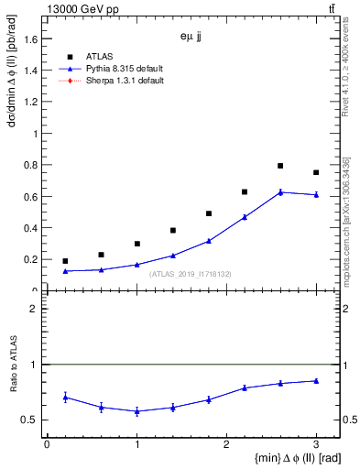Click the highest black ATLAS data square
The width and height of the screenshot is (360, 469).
pos(280,166)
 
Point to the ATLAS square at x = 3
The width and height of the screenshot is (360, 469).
pos(316,172)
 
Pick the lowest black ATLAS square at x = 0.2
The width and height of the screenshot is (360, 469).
pos(65,261)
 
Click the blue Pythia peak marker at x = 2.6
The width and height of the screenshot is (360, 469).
pos(280,191)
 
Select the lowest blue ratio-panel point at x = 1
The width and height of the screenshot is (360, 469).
pos(136,411)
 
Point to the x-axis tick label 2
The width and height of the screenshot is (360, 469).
pos(226,443)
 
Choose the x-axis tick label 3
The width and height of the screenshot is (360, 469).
pos(316,443)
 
